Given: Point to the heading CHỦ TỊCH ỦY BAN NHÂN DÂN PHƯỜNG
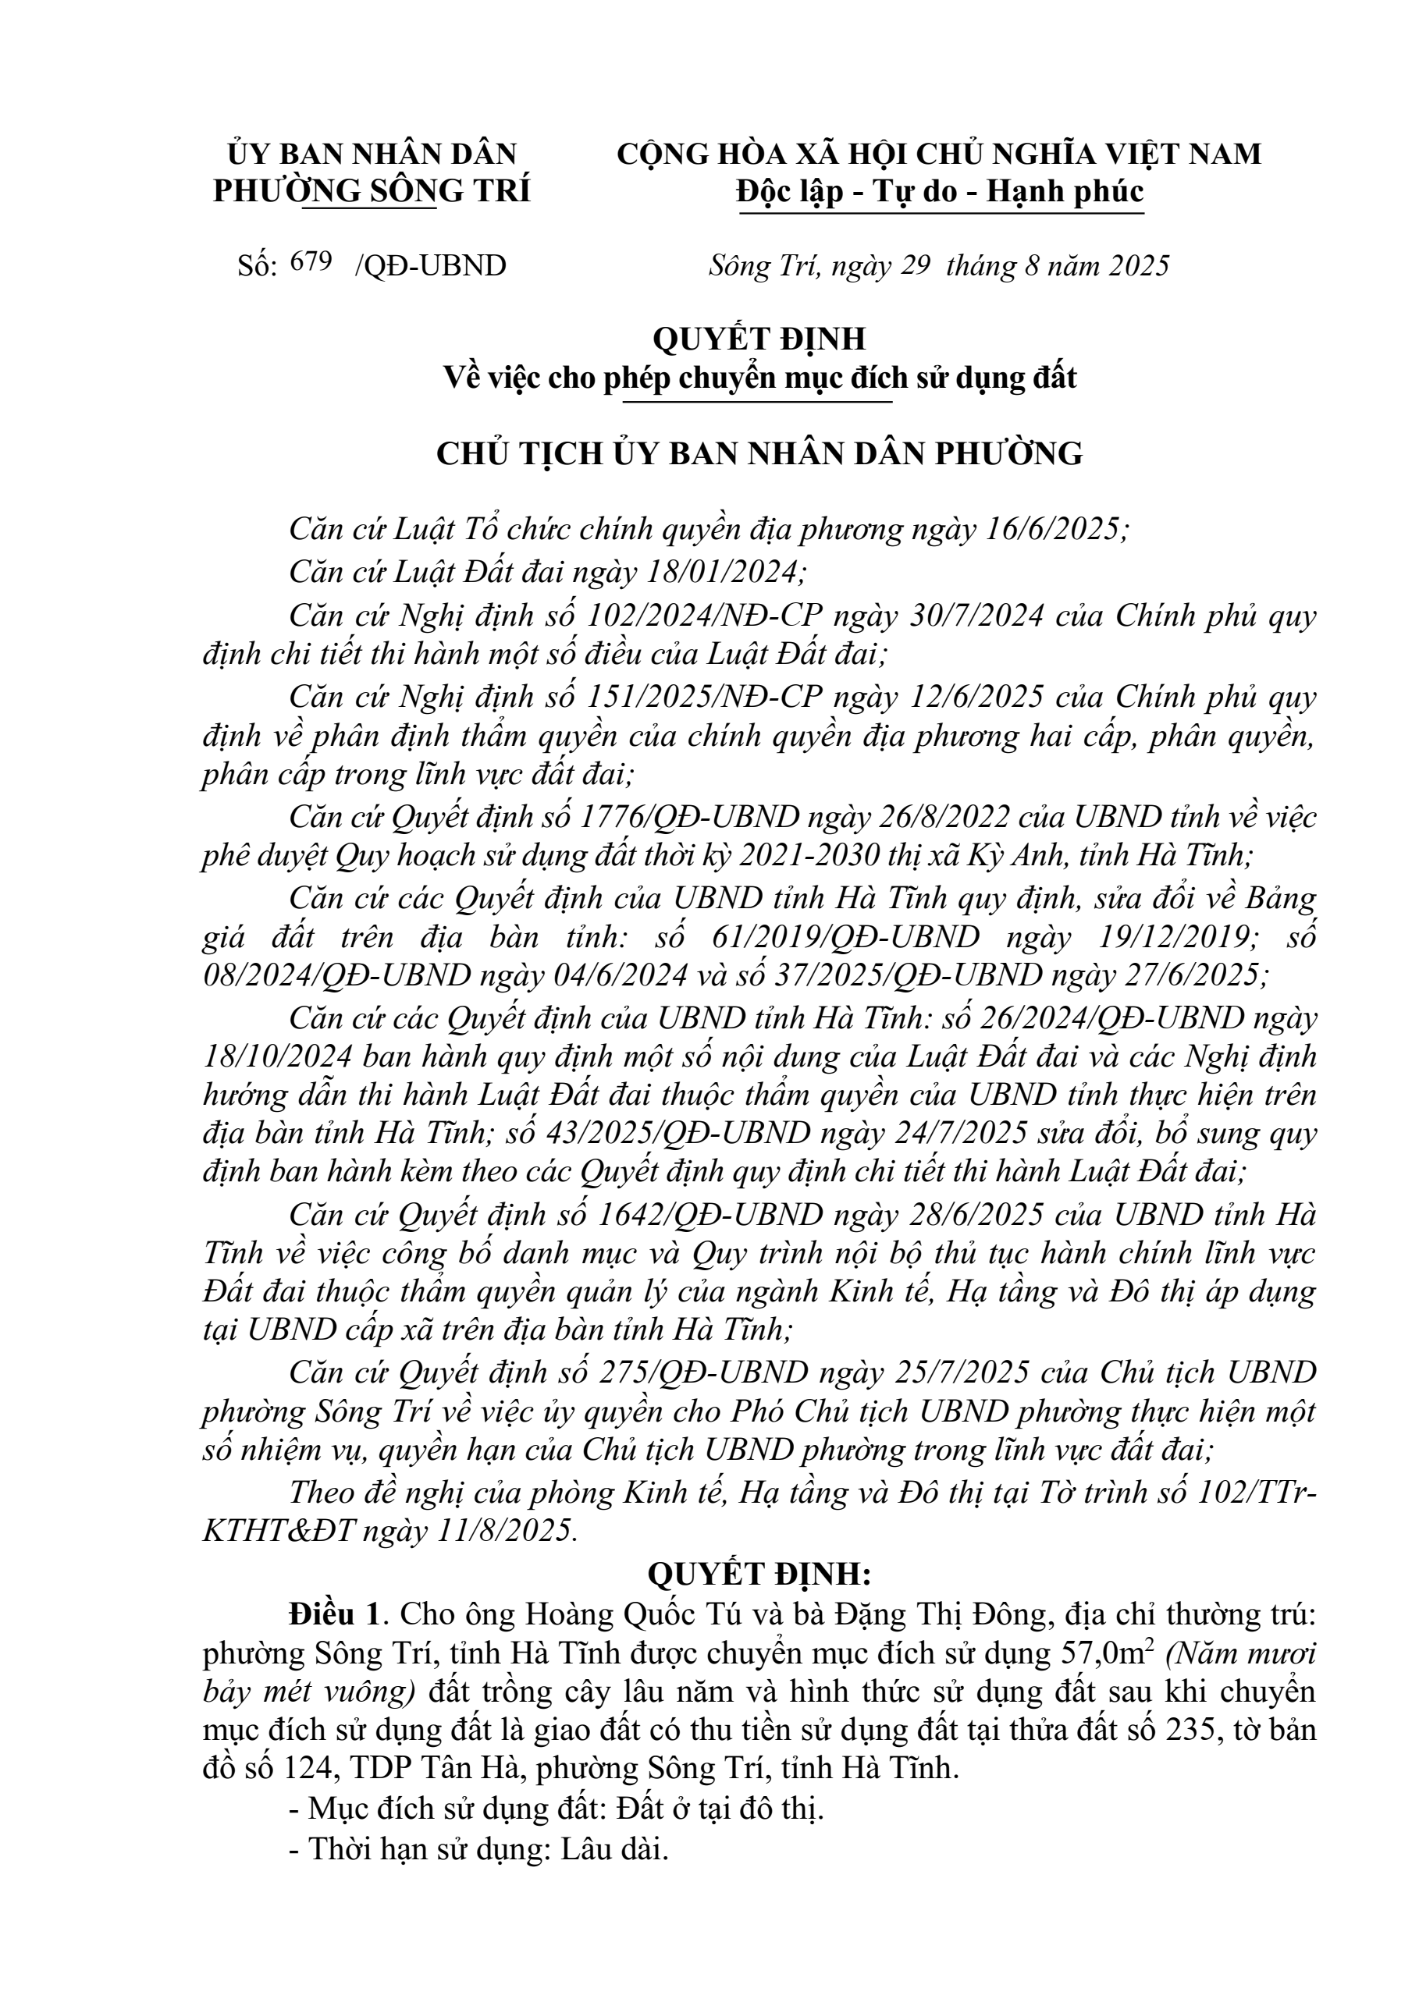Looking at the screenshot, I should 759,454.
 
